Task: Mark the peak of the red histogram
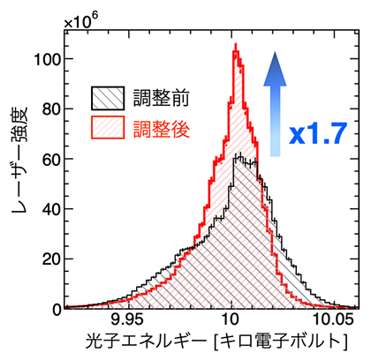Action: coord(235,51)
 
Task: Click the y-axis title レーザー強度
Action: coord(20,173)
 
